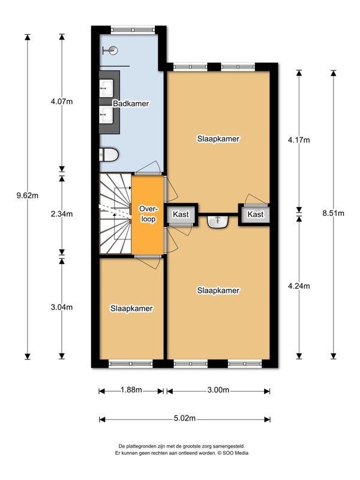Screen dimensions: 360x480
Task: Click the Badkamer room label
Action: coord(131,103)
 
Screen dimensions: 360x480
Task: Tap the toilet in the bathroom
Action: coord(109,155)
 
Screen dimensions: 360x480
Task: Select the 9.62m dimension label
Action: coord(28,196)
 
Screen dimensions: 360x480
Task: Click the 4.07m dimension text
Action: coord(62,101)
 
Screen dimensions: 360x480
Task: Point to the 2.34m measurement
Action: coord(62,214)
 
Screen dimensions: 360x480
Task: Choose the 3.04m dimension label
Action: coord(62,307)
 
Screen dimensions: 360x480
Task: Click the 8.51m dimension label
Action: coord(334,213)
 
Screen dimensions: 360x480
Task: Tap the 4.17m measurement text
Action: coord(299,140)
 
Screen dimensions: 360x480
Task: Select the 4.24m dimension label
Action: coord(299,286)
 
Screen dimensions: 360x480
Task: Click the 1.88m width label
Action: coord(131,389)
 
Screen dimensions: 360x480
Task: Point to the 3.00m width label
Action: coord(218,389)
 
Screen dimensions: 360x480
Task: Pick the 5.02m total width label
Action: coord(185,418)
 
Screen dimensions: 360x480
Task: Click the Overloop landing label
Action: coord(148,214)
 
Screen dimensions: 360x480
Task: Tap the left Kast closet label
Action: coord(181,214)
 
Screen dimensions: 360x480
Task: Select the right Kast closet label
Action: coord(256,214)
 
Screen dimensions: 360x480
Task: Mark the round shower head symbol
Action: coord(113,50)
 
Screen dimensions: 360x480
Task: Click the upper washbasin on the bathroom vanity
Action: coord(106,88)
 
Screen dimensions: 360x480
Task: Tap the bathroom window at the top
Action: coord(133,29)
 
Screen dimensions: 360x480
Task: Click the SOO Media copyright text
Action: coord(233,453)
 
